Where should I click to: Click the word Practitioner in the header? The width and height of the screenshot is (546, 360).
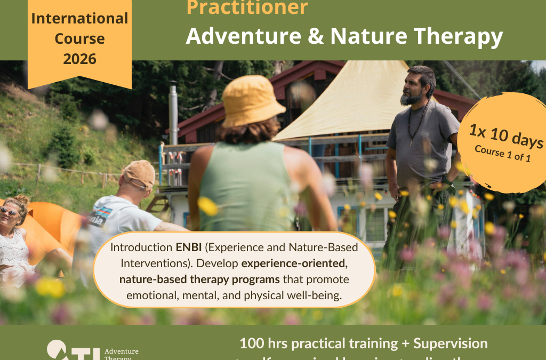tap(247, 7)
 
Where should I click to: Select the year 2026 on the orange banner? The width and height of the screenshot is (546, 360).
tap(79, 59)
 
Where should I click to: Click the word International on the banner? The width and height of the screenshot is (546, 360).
tap(79, 18)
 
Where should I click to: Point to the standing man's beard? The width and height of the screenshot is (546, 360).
tap(410, 98)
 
